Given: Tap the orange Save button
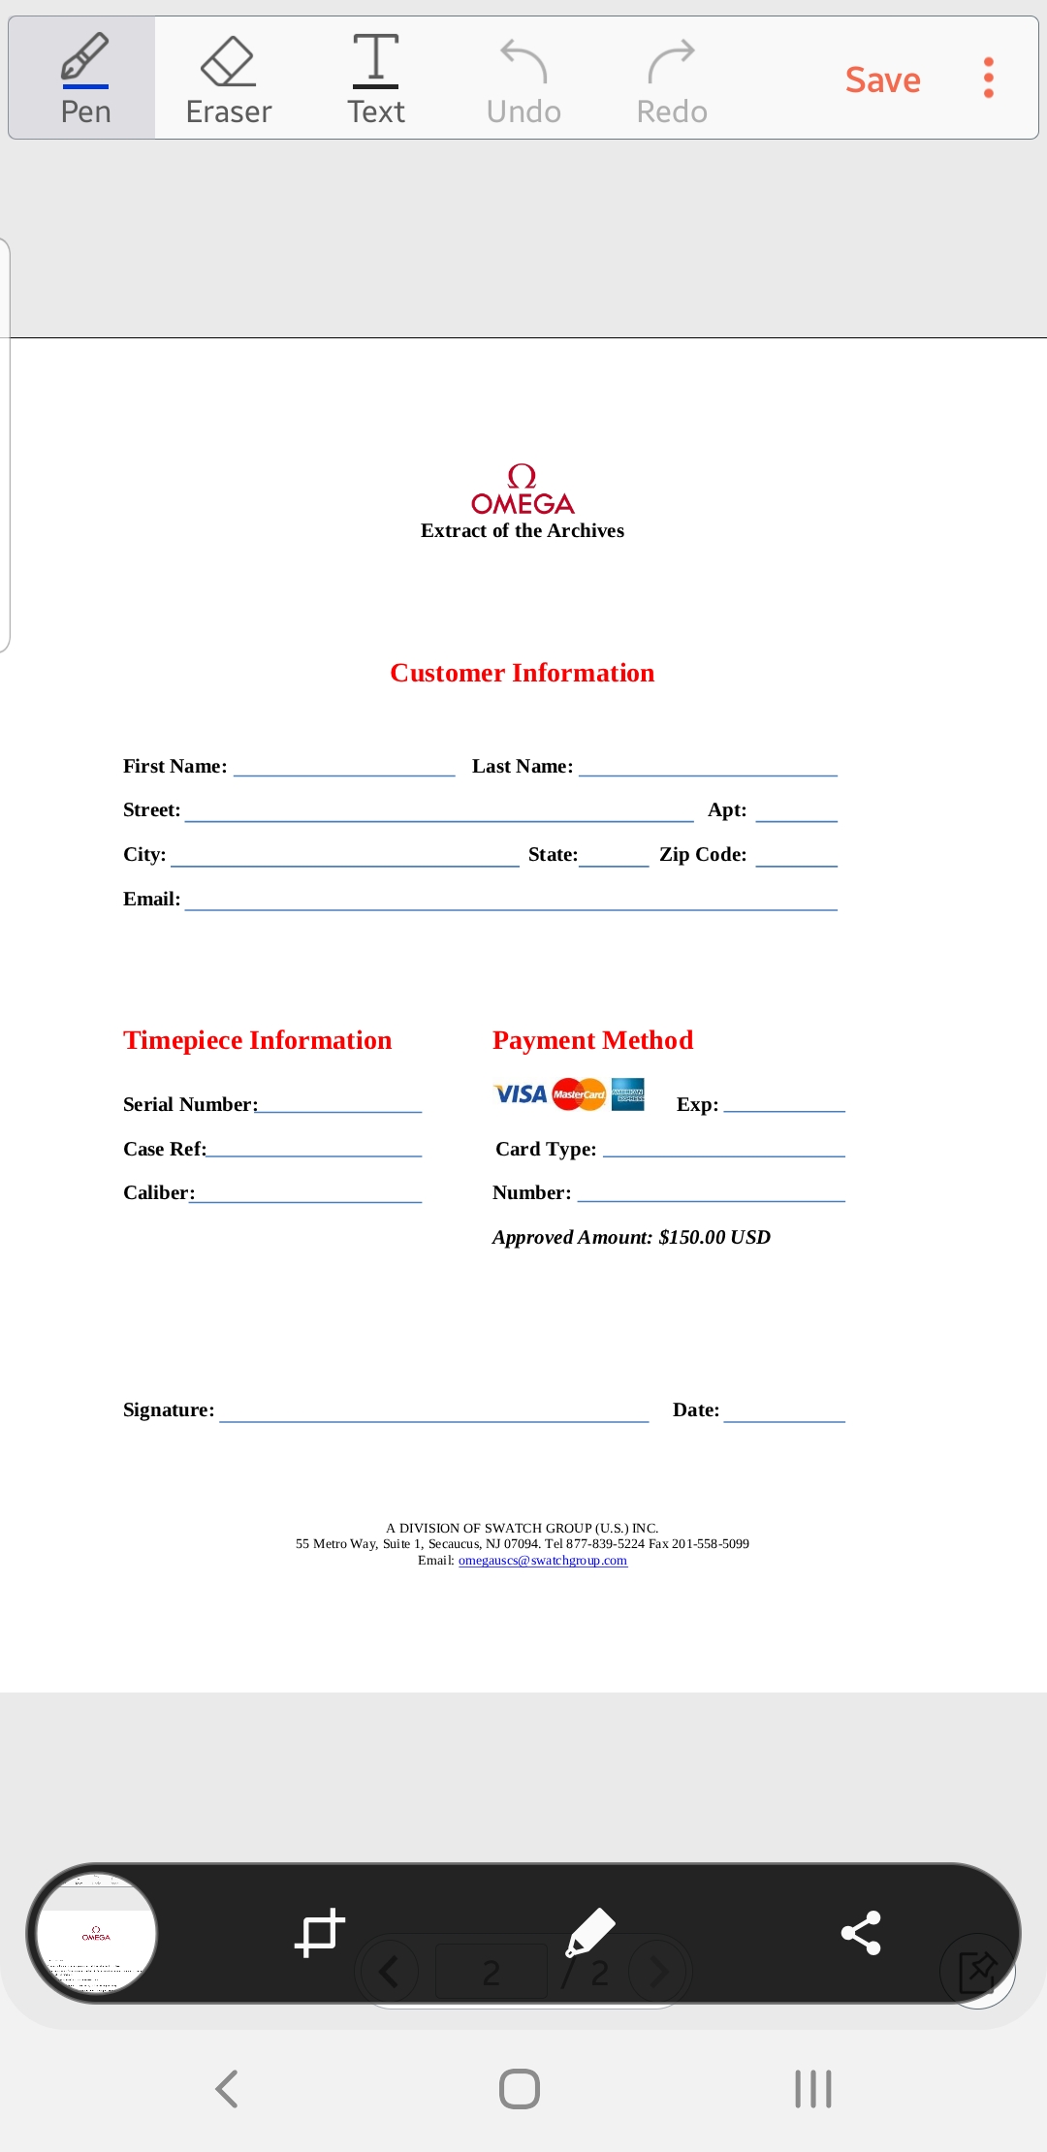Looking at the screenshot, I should (x=882, y=79).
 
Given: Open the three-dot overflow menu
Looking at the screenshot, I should (x=988, y=78).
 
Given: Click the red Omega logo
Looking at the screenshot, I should (x=523, y=491).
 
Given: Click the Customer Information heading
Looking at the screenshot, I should (x=523, y=673).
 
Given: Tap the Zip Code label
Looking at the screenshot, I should (x=703, y=855).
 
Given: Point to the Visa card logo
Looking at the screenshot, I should (x=521, y=1094).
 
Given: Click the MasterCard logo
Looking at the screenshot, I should (x=579, y=1094).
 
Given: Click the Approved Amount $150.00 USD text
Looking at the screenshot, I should (x=631, y=1237).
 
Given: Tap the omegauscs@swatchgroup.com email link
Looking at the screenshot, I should (x=543, y=1561).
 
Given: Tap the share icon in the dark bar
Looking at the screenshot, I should (x=861, y=1933).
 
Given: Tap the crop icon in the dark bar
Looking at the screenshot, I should (x=319, y=1933).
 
